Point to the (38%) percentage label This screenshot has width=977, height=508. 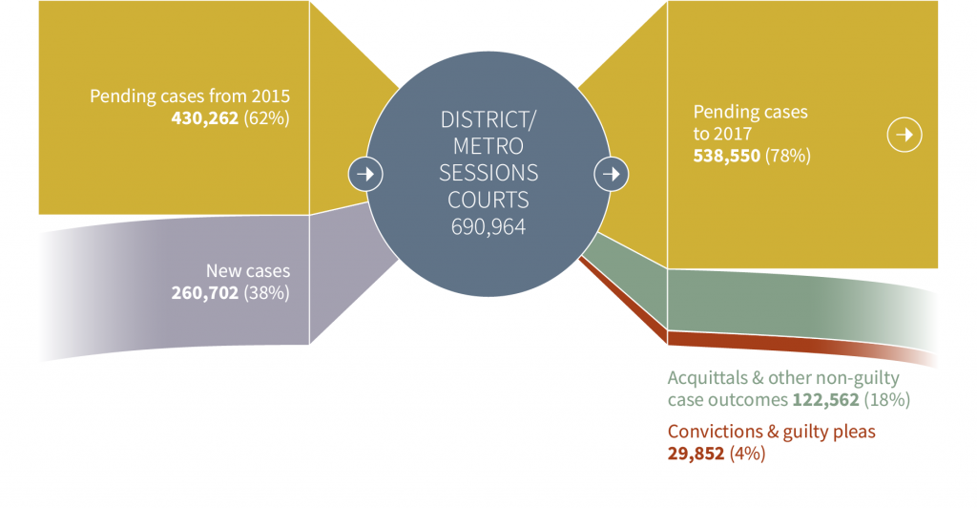pos(268,293)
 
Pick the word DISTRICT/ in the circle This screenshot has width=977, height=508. pos(488,120)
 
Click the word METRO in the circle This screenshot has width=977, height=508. pos(488,147)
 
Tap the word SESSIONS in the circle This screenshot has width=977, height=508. pos(488,174)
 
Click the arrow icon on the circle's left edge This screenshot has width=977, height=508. pos(365,174)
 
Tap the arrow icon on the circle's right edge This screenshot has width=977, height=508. pos(611,174)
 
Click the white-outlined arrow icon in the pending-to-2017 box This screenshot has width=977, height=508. pos(904,136)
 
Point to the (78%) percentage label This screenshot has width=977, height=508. pos(789,155)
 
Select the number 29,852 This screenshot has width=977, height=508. pos(696,455)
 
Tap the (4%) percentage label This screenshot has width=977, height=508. pos(748,455)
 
